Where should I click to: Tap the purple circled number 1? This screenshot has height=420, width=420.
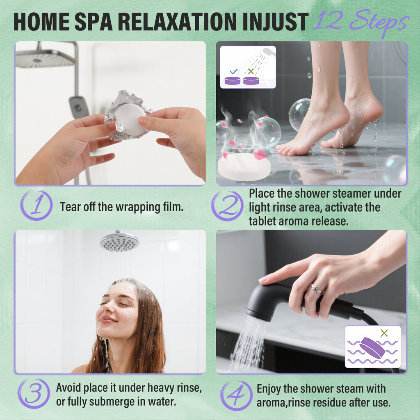click(x=36, y=206)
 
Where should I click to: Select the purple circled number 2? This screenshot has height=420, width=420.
click(x=227, y=206)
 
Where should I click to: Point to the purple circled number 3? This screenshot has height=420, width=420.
click(x=33, y=394)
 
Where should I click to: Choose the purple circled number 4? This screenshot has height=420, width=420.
click(x=236, y=395)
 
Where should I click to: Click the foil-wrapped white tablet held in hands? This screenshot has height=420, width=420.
click(x=128, y=119)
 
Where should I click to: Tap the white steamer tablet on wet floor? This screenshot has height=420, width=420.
click(x=244, y=166)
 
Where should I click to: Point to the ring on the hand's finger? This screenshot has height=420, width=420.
click(x=316, y=289)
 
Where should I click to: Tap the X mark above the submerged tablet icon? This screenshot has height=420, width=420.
click(x=384, y=333)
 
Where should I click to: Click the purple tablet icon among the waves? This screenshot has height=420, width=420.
click(x=372, y=348)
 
